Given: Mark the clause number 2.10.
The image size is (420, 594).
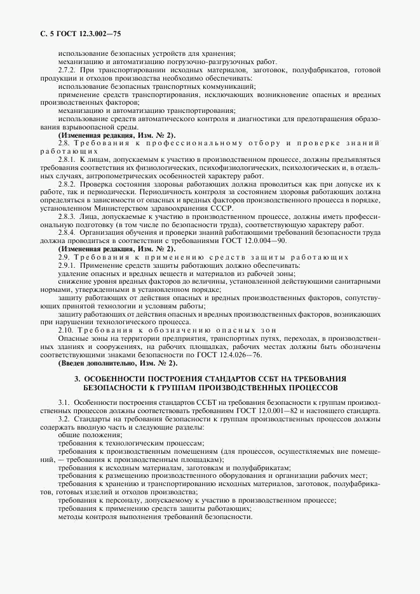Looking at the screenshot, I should click(65, 331).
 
